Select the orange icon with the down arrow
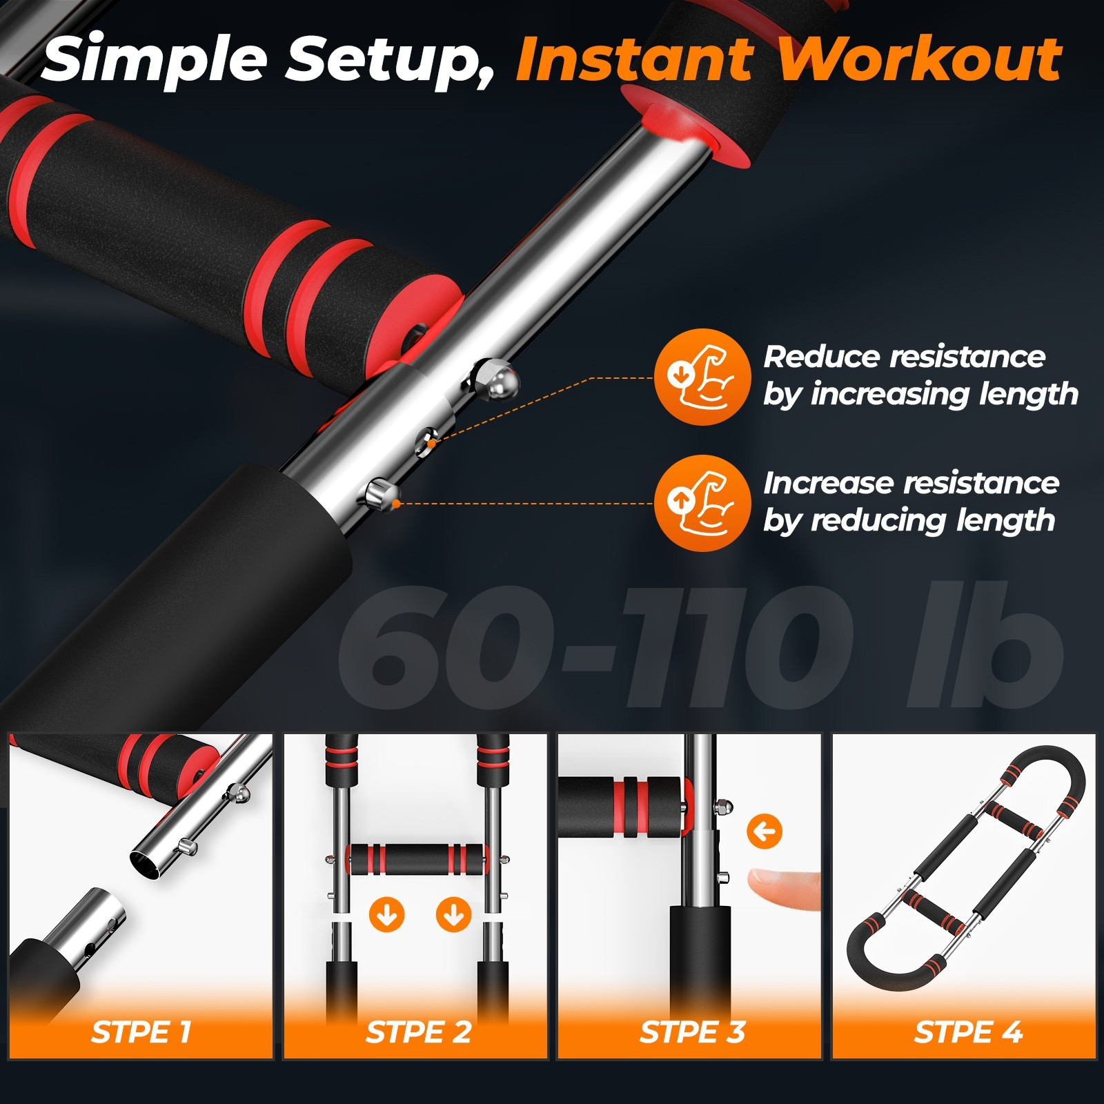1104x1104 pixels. (x=702, y=377)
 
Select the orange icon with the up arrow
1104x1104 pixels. (x=702, y=502)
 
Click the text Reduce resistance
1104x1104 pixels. (x=904, y=357)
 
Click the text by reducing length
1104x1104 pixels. (x=909, y=521)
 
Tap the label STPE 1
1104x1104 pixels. (x=141, y=1032)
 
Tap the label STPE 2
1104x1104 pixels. (x=418, y=1032)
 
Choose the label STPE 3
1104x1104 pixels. (x=692, y=1032)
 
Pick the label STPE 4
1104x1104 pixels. (x=967, y=1032)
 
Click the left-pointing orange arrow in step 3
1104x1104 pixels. (x=765, y=832)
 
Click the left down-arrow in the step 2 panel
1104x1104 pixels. (x=386, y=916)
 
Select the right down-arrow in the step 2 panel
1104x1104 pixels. (x=453, y=916)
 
